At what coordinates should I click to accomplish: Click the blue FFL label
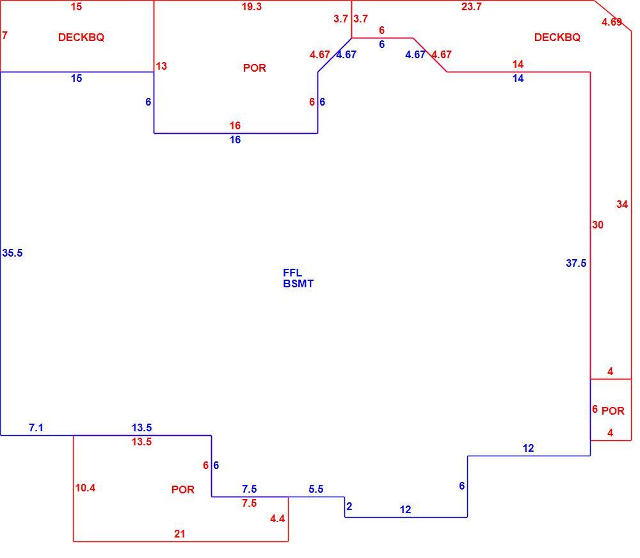pyautogui.click(x=292, y=273)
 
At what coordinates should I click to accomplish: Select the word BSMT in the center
pyautogui.click(x=298, y=283)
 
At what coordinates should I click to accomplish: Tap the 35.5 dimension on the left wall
pyautogui.click(x=12, y=253)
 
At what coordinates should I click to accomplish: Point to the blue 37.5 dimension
pyautogui.click(x=576, y=263)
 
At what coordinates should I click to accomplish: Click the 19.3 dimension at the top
pyautogui.click(x=252, y=7)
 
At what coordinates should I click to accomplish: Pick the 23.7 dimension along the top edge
pyautogui.click(x=472, y=7)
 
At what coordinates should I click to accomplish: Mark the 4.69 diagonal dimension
pyautogui.click(x=611, y=22)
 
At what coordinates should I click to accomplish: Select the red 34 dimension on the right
pyautogui.click(x=622, y=205)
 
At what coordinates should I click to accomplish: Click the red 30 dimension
pyautogui.click(x=598, y=225)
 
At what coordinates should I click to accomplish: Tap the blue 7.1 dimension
pyautogui.click(x=36, y=428)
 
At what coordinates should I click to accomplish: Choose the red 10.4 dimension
pyautogui.click(x=85, y=488)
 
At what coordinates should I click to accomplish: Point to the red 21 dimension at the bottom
pyautogui.click(x=180, y=534)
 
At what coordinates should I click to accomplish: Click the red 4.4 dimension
pyautogui.click(x=278, y=519)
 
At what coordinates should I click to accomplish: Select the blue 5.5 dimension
pyautogui.click(x=316, y=489)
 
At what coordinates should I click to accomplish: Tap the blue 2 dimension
pyautogui.click(x=349, y=507)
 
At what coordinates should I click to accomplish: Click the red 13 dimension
pyautogui.click(x=161, y=66)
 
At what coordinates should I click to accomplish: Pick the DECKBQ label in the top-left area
pyautogui.click(x=81, y=38)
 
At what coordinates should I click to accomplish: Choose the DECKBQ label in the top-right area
pyautogui.click(x=557, y=38)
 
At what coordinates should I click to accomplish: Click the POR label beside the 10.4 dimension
pyautogui.click(x=183, y=490)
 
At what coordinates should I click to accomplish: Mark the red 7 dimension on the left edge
pyautogui.click(x=5, y=35)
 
